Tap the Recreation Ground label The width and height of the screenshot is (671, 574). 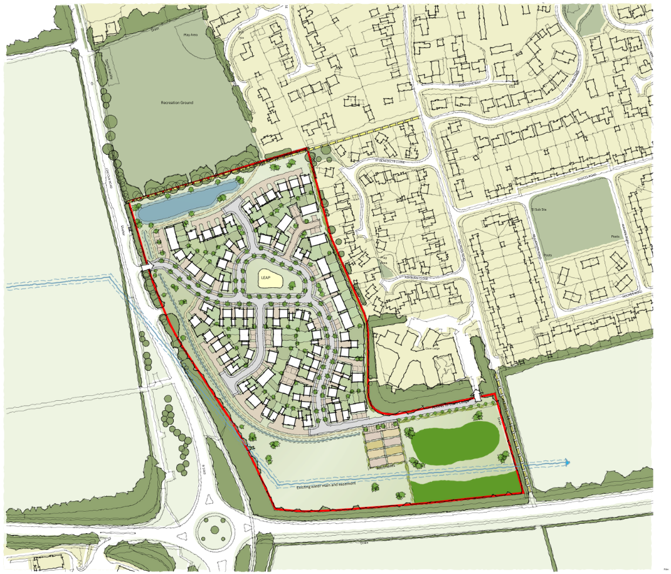click(177, 102)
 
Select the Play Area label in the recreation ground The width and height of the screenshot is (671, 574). click(191, 35)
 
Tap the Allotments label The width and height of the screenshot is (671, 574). click(386, 466)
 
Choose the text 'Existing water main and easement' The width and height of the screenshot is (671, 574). click(327, 485)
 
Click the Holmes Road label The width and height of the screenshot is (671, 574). click(633, 292)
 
